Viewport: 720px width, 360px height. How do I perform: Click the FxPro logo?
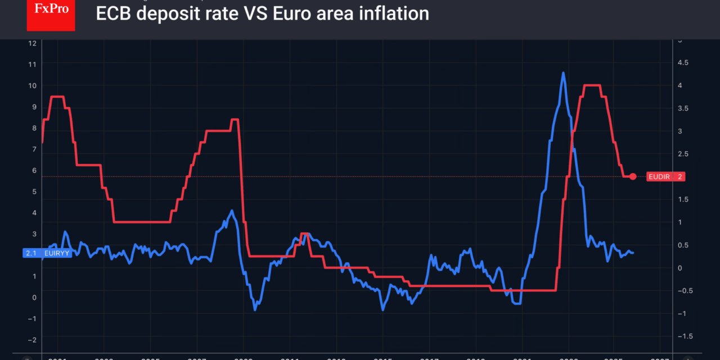[51, 15]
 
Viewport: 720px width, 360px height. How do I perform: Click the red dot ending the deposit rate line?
[633, 177]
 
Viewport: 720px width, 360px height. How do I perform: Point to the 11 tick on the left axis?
[33, 64]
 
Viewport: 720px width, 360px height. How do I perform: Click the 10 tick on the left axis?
[33, 85]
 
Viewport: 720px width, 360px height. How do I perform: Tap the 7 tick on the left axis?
[34, 149]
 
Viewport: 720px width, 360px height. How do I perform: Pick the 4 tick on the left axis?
[34, 213]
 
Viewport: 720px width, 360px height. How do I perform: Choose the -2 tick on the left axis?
[33, 340]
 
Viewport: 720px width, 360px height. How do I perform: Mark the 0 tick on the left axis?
[34, 298]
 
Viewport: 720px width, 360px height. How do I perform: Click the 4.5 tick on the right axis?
[683, 62]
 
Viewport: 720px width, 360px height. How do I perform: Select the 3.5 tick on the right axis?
[683, 108]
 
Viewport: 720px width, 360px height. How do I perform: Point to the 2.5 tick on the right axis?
[683, 154]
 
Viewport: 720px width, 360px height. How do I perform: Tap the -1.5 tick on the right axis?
[684, 336]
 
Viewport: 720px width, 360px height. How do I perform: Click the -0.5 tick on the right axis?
[684, 290]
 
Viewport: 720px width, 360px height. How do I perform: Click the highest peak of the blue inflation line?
[563, 73]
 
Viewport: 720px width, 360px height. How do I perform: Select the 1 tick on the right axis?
[679, 222]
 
